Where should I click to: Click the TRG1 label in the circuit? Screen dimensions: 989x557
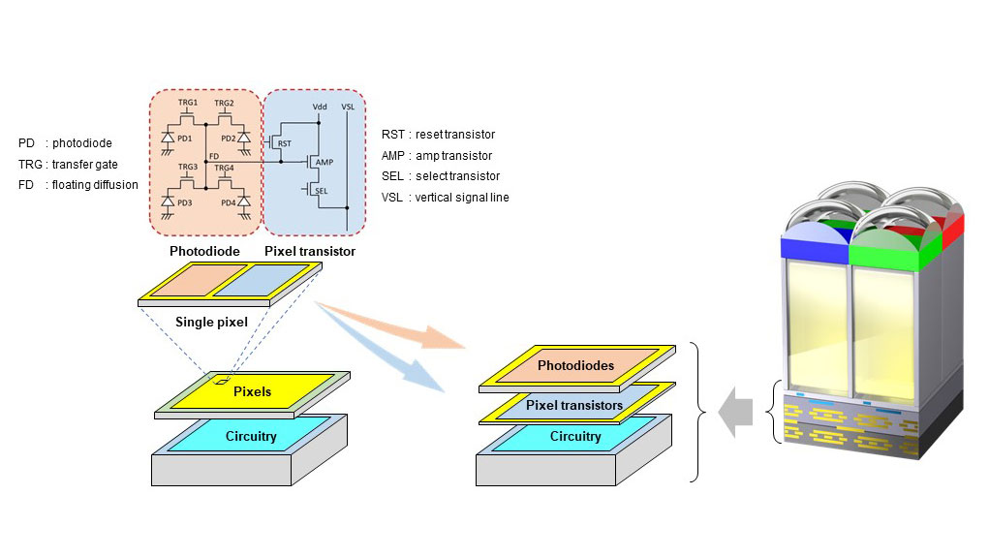point(187,102)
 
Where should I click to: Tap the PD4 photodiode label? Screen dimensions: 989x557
point(228,203)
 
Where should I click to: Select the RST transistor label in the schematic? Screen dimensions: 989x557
point(285,143)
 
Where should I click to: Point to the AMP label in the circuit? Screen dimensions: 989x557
point(325,162)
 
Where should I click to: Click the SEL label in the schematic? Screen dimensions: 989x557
point(321,191)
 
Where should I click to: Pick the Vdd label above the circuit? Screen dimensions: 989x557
point(320,107)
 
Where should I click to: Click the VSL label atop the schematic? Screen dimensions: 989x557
point(348,107)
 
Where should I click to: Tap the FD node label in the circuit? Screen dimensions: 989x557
point(214,156)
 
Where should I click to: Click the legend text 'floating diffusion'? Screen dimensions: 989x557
point(95,185)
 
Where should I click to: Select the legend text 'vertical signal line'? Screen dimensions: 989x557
point(462,198)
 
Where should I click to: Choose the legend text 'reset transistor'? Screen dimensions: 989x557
point(454,135)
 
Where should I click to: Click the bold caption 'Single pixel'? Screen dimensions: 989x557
point(211,322)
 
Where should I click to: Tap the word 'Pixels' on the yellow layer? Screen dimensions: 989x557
point(252,391)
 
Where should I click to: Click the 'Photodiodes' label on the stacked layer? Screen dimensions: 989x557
point(575,365)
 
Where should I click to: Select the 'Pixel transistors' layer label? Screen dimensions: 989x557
point(574,405)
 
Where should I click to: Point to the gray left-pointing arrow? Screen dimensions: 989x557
point(735,413)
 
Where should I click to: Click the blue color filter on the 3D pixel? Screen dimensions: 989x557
point(815,246)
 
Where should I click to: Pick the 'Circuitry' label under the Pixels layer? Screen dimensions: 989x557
point(251,436)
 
